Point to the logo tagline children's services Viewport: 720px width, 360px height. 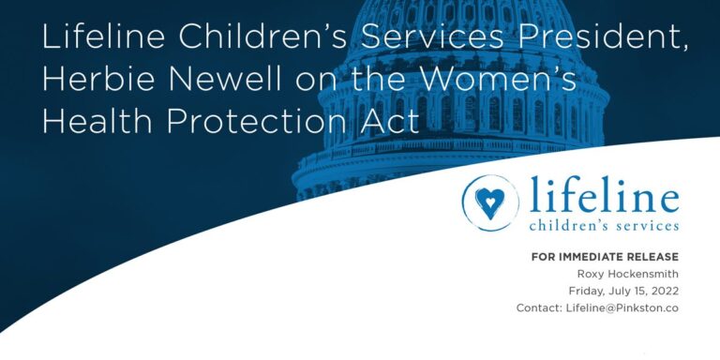604,225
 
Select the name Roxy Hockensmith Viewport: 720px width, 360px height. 628,274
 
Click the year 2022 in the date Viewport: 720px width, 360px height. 661,291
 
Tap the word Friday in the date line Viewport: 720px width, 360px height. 589,291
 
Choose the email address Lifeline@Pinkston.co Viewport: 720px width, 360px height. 622,308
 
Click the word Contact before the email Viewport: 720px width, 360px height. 538,308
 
